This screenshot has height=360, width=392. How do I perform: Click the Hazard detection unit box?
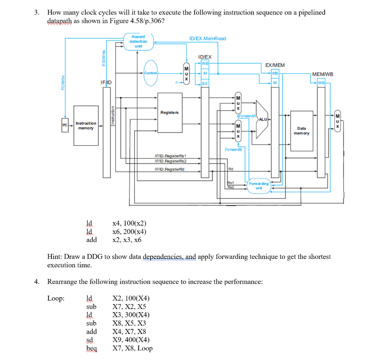(x=139, y=41)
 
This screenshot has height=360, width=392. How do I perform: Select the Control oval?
(x=151, y=72)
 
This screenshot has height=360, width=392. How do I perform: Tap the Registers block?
(x=170, y=112)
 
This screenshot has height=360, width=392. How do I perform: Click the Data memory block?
(x=302, y=131)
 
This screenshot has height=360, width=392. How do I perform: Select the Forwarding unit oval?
(x=259, y=186)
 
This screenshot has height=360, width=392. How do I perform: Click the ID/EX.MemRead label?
(x=207, y=38)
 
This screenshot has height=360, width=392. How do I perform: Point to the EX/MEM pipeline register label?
(x=275, y=66)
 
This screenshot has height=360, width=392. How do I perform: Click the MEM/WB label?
(x=323, y=74)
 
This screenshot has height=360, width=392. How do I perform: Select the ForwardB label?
(x=234, y=150)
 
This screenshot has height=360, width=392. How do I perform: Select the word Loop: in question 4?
(x=56, y=298)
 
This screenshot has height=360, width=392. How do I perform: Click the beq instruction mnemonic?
(x=92, y=348)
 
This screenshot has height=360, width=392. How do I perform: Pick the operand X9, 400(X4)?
(x=131, y=340)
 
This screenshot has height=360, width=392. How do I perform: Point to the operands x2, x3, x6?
(x=127, y=240)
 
